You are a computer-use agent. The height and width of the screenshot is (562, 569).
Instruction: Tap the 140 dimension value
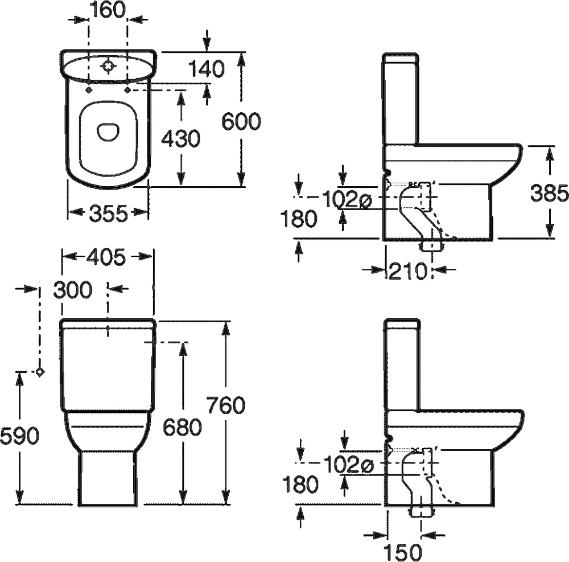[207, 69]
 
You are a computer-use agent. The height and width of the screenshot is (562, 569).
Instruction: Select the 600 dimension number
[241, 121]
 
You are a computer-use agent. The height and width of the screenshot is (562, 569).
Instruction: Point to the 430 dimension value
[180, 138]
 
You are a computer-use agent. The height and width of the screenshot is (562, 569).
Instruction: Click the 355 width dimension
[108, 214]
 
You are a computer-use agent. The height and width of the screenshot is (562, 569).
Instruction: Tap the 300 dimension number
[72, 290]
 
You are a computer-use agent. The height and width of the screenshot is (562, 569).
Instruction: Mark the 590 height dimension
[19, 436]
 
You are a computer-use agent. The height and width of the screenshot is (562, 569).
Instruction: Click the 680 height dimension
[182, 426]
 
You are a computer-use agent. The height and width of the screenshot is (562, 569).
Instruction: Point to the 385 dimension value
[549, 194]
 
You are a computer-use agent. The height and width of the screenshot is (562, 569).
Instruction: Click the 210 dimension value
[407, 272]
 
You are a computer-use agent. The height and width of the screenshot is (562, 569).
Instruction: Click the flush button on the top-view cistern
[108, 67]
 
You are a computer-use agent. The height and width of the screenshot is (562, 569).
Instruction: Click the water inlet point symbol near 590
[39, 372]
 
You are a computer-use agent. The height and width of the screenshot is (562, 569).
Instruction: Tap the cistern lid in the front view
[107, 324]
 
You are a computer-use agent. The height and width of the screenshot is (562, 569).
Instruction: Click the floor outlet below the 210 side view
[431, 247]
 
